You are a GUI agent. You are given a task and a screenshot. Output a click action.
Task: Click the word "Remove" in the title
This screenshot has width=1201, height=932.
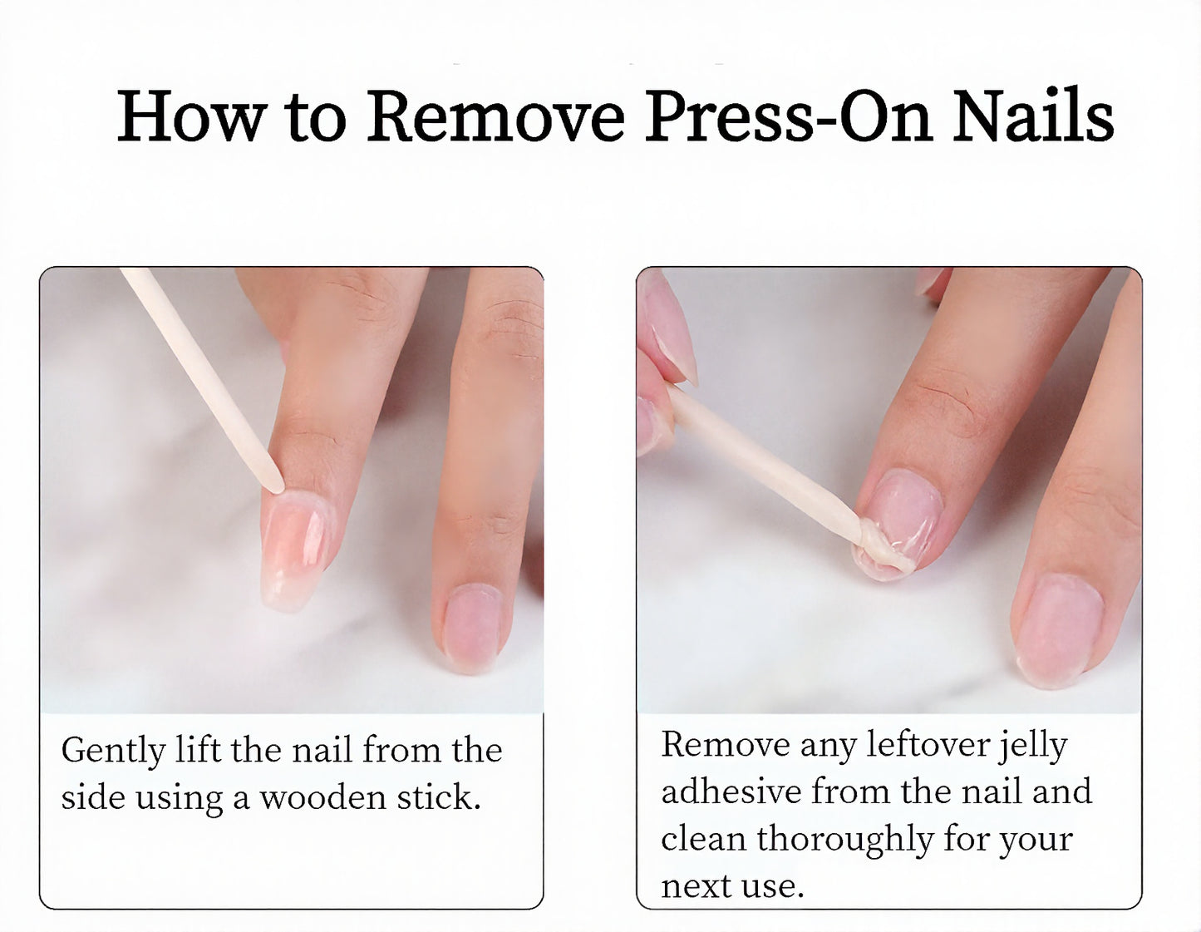495,116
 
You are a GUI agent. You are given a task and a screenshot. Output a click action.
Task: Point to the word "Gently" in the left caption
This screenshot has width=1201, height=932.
113,752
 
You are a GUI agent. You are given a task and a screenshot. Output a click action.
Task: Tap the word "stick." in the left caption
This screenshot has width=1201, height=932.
438,797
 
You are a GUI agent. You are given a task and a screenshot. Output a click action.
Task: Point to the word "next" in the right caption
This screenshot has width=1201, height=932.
696,887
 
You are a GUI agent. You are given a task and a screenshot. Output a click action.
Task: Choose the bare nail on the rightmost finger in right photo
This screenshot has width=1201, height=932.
1057,630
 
